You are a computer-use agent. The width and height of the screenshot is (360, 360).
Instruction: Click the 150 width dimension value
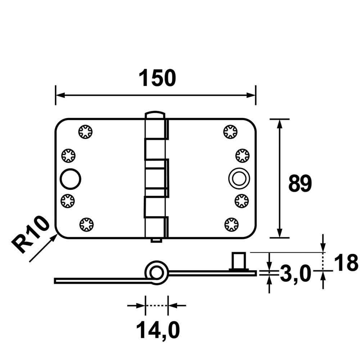click(x=157, y=78)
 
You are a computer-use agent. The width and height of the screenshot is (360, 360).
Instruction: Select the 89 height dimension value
click(x=300, y=184)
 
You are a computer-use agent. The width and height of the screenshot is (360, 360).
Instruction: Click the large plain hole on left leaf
click(x=70, y=179)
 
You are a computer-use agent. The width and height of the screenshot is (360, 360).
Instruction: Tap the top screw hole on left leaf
click(x=86, y=131)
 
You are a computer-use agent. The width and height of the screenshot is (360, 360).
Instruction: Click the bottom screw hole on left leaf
click(x=86, y=225)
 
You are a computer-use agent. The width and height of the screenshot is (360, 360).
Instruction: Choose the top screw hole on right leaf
click(x=230, y=131)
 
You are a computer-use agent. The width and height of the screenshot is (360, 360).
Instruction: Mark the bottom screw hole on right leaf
click(x=231, y=225)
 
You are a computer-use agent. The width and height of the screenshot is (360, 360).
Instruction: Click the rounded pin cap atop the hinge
click(x=155, y=115)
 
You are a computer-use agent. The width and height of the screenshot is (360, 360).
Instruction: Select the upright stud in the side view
click(x=238, y=261)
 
